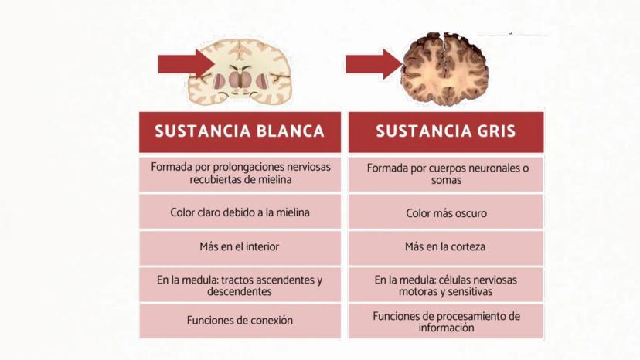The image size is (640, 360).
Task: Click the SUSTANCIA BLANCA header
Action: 240,132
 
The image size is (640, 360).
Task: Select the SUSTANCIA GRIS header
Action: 446,132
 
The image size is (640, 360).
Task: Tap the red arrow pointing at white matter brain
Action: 186,64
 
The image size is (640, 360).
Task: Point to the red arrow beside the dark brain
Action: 374,64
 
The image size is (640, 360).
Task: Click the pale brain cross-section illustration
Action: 240,71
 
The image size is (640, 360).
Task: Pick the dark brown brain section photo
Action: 445,69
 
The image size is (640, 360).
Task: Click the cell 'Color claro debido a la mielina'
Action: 240,212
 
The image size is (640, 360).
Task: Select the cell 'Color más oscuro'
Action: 446,212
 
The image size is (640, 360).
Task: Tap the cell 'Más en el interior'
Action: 240,248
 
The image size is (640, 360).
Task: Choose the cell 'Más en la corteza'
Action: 446,248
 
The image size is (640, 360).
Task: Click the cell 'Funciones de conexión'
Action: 240,321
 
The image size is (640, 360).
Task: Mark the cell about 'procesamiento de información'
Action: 446,321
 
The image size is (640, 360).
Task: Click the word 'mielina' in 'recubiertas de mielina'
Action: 274,179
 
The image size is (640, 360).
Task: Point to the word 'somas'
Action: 446,180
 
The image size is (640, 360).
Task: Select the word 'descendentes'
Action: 239,291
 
